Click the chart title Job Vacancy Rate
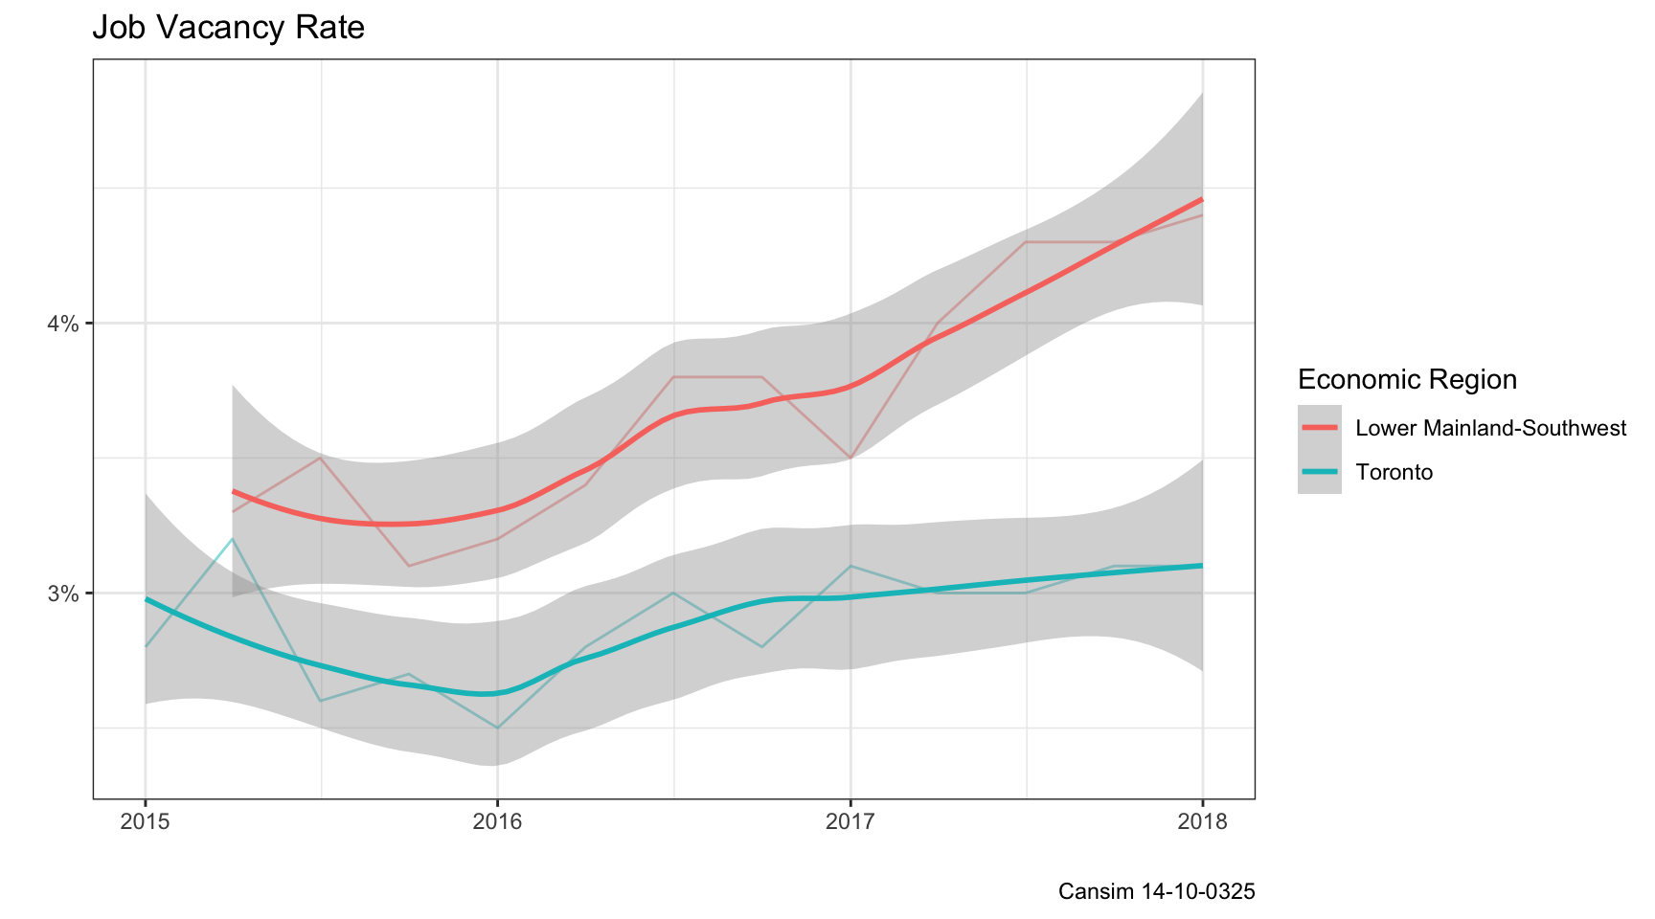(x=228, y=28)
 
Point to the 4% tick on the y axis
(x=64, y=324)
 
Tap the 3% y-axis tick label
(x=64, y=594)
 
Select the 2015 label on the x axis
(x=146, y=822)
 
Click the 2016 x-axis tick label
(x=498, y=822)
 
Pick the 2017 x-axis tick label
(x=850, y=822)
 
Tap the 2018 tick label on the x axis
(x=1202, y=822)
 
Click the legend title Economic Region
(x=1407, y=380)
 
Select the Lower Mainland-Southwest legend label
(x=1490, y=428)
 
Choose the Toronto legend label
(x=1394, y=472)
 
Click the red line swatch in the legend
(x=1320, y=428)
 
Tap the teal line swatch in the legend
(x=1320, y=472)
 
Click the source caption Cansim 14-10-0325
(x=1156, y=891)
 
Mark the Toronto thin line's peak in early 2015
(x=233, y=539)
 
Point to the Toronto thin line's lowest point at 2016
(x=497, y=728)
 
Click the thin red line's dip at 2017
(x=850, y=459)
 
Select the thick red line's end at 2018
(x=1202, y=199)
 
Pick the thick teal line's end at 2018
(x=1202, y=566)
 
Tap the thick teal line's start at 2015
(x=146, y=598)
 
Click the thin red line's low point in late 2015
(x=409, y=566)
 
